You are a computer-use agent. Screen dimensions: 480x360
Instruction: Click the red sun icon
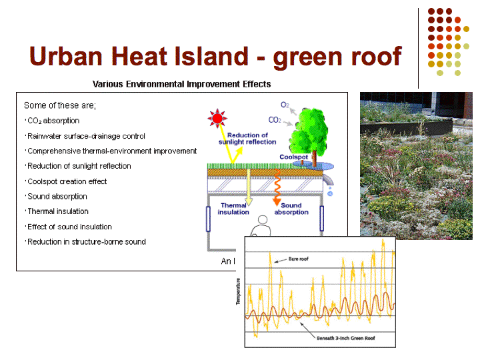tap(217, 118)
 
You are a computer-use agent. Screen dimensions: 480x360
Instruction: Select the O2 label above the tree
tap(285, 105)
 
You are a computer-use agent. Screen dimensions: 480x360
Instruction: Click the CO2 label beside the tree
tap(275, 120)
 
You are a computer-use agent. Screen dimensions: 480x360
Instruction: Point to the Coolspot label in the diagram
tap(293, 157)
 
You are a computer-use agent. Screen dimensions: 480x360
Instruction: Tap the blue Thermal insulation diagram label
tap(233, 209)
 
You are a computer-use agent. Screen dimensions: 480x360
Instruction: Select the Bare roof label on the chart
tap(299, 259)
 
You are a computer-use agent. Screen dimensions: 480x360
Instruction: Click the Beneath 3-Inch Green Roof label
tap(345, 338)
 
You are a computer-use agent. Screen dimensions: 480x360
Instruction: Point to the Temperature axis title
tap(238, 291)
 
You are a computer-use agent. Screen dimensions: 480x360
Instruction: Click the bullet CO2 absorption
tap(53, 121)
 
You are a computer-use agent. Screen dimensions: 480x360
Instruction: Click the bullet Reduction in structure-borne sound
tap(87, 242)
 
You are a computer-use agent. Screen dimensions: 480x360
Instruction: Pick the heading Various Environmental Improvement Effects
tap(182, 84)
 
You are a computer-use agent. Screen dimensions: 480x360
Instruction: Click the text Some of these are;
tap(60, 105)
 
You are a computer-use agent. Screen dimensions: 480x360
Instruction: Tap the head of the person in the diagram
tap(263, 220)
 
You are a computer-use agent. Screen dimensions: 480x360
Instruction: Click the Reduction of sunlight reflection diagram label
tap(247, 139)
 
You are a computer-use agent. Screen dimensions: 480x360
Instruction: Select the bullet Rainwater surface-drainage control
tap(86, 136)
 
